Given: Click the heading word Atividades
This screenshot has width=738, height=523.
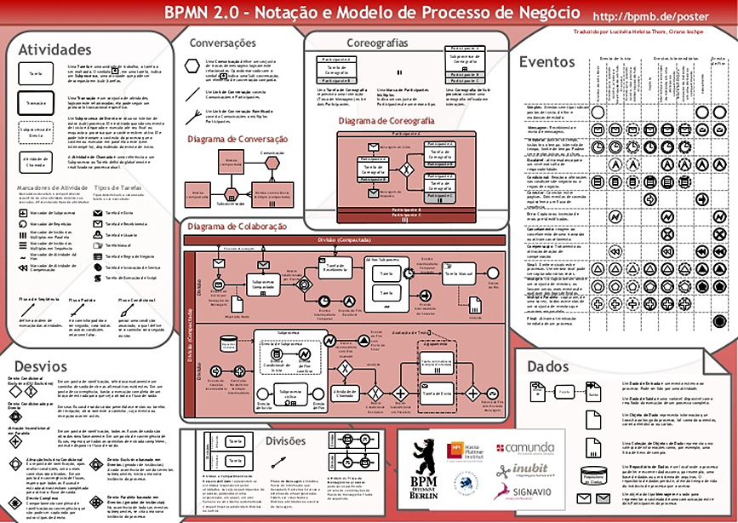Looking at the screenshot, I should coord(54,50).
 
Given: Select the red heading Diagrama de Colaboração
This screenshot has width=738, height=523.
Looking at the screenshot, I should coord(236,226).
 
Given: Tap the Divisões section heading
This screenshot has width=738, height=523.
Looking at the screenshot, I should coord(285,440).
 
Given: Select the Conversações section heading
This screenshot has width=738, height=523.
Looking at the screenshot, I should coord(222,43).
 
